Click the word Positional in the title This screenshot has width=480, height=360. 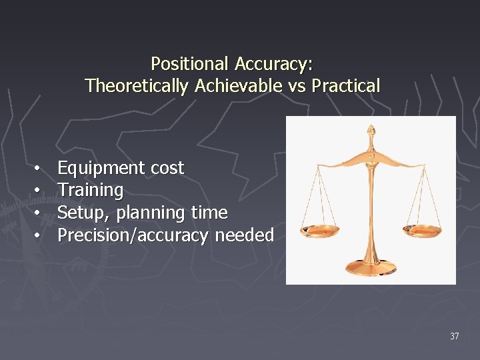pos(190,64)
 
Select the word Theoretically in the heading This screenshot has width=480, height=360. pos(136,86)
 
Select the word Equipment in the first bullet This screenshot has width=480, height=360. pos(101,169)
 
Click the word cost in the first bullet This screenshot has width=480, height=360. pos(167,169)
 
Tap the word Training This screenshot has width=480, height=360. pos(90,191)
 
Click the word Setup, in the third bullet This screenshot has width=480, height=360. pos(85,213)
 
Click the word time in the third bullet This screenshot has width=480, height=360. pos(209,213)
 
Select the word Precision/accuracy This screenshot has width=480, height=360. pos(133,235)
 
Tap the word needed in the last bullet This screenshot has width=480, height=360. pos(244,235)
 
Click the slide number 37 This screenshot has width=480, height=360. pos(454,336)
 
